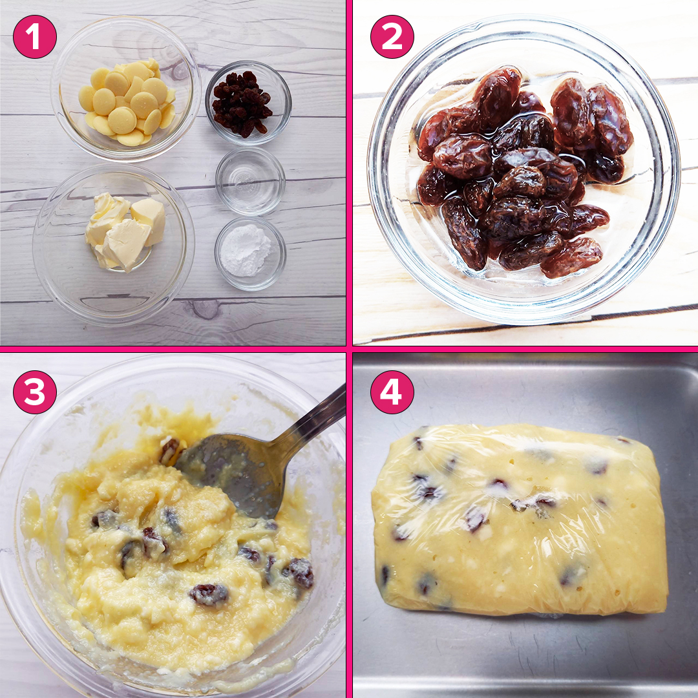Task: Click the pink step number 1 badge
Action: click(35, 37)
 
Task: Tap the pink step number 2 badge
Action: click(392, 37)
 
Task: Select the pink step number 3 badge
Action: click(35, 392)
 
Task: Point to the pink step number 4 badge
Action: click(392, 392)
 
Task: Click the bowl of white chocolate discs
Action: click(125, 89)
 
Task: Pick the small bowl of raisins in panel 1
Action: click(248, 103)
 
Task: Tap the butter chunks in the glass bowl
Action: click(125, 231)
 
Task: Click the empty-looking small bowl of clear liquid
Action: click(250, 181)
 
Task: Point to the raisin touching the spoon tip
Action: click(169, 450)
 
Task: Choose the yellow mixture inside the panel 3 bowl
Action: click(178, 570)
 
